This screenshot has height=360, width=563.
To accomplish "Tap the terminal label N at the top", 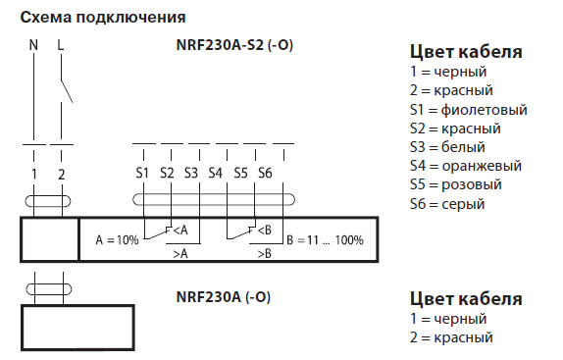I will click(33, 45).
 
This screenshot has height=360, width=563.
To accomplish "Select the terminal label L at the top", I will click(61, 45).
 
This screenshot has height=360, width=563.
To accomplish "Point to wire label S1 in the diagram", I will click(142, 174).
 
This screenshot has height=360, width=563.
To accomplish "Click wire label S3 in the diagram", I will click(190, 174).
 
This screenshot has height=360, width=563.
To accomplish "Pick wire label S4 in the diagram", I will click(216, 174).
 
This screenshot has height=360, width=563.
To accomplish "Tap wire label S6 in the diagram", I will click(264, 174).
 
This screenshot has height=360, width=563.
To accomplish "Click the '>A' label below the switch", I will click(181, 253).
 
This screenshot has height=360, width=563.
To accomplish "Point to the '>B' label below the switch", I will click(264, 253).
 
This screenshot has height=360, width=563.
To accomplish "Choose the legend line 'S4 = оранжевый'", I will click(465, 166).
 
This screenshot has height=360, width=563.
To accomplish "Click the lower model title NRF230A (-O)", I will click(223, 297).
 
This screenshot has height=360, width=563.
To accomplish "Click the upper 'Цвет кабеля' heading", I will click(465, 52).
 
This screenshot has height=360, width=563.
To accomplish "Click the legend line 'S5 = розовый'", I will click(456, 184).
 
